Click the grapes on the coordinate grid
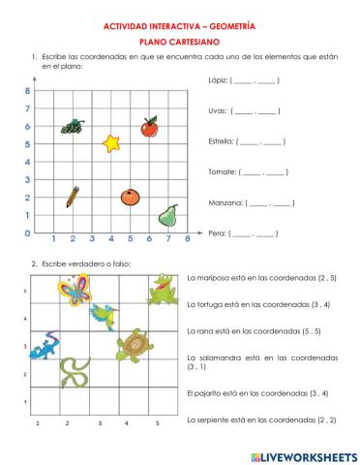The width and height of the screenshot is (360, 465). tap(73, 126)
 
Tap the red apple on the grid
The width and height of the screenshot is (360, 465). tap(149, 127)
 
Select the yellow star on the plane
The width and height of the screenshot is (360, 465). tap(112, 144)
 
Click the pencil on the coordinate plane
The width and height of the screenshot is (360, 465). tap(73, 197)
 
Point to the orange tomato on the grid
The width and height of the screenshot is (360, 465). tap(131, 197)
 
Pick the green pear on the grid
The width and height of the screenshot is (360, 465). tap(168, 213)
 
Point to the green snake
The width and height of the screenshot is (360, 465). tap(73, 372)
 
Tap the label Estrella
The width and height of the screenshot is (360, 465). tap(222, 141)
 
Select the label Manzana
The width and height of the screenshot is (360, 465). tap(225, 203)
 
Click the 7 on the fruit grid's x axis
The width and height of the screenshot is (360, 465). tap(168, 238)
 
